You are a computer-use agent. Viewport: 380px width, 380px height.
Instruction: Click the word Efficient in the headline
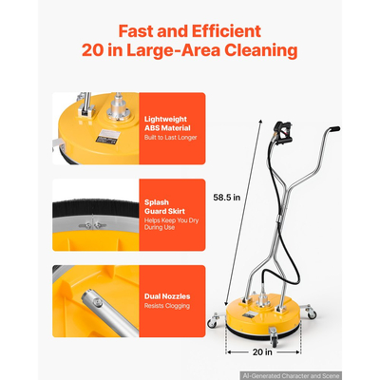click(226, 31)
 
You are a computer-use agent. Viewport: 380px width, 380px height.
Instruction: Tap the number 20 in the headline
click(92, 50)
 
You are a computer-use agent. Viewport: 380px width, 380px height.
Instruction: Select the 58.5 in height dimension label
click(227, 198)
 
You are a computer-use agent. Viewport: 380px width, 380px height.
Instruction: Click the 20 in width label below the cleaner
click(262, 351)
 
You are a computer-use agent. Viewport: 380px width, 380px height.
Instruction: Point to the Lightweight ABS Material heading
click(167, 123)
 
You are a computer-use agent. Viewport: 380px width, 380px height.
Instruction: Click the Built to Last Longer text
click(170, 138)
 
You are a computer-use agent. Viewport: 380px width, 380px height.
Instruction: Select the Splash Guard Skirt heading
click(164, 207)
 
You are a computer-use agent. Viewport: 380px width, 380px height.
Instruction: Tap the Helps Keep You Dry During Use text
click(171, 224)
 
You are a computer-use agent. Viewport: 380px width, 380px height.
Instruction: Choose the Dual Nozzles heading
click(167, 296)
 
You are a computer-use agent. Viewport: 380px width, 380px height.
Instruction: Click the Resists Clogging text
click(167, 306)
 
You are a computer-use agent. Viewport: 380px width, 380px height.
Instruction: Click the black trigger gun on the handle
click(282, 133)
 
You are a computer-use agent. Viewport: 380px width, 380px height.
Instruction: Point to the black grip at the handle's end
click(334, 129)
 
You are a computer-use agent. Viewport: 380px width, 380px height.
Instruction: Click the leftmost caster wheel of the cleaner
click(212, 323)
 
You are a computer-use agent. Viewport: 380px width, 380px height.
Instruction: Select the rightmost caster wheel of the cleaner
click(312, 314)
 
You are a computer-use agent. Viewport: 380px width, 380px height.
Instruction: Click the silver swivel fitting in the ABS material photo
click(119, 107)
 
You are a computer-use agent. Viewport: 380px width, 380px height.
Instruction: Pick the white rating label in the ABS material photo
click(108, 136)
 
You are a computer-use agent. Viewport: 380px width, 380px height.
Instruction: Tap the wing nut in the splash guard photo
click(93, 225)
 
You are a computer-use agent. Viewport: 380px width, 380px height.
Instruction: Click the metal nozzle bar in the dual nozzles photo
click(109, 312)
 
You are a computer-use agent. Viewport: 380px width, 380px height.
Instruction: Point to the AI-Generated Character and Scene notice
click(291, 376)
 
